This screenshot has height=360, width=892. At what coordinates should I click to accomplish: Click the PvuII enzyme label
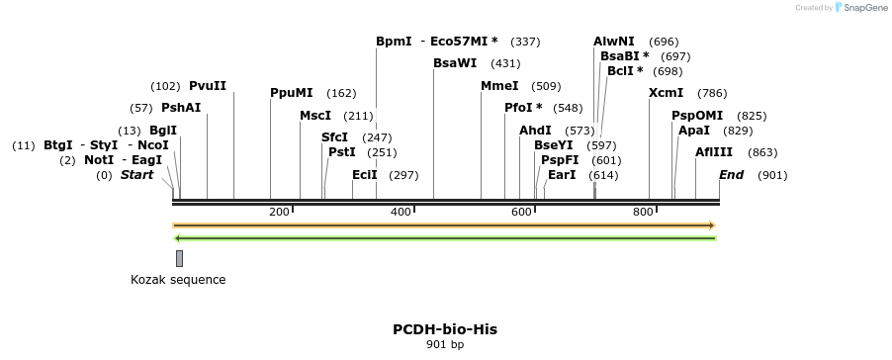pos(208,86)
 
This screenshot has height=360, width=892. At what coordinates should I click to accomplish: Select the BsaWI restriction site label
pos(455,63)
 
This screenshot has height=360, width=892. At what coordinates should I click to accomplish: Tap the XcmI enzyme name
pos(666,93)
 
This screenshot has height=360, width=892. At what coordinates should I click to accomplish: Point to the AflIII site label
pos(714,152)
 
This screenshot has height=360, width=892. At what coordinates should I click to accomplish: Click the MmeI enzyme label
pos(499,86)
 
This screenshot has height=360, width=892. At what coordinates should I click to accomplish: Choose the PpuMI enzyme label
pos(292,93)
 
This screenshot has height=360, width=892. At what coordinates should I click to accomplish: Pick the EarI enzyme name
pos(562,175)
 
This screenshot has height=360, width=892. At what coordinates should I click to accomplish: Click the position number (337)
pos(525,42)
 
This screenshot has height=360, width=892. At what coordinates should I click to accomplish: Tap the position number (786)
pos(712,93)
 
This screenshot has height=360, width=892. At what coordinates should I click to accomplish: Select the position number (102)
pos(165,86)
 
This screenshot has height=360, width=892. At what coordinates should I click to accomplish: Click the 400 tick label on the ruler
pos(401,213)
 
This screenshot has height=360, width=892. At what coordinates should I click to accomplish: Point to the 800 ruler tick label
pos(643,213)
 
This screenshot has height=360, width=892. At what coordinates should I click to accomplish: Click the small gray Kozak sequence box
pos(179,258)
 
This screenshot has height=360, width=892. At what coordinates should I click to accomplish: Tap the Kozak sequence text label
pos(178,280)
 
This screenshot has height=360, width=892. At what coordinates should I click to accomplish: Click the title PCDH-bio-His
pos(445,329)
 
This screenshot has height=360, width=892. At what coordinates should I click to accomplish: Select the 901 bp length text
pos(445,345)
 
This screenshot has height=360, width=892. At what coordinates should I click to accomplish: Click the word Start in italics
pos(137,175)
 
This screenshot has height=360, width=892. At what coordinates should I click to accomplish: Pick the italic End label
pos(732,175)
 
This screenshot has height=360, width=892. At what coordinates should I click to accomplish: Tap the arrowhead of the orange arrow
pos(711,225)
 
